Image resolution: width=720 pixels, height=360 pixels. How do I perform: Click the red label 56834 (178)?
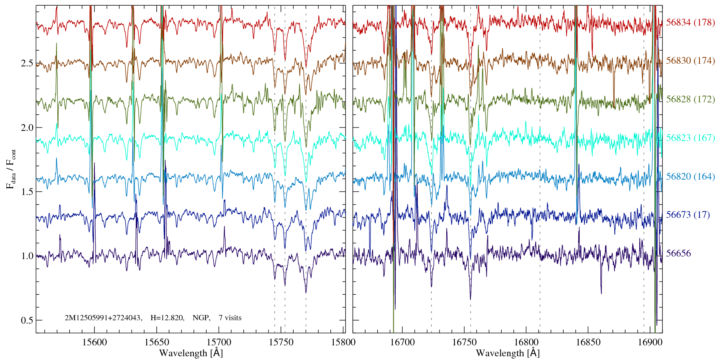point(690,22)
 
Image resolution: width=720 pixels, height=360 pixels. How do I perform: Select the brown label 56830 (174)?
point(690,61)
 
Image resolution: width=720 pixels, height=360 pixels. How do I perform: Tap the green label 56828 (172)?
point(690,99)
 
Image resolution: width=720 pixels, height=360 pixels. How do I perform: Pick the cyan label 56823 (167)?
point(690,138)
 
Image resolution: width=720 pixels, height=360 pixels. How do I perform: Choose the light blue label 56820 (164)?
point(690,176)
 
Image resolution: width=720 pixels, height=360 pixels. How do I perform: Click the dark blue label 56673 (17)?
point(688,215)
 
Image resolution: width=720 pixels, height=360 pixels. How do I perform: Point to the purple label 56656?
point(678,253)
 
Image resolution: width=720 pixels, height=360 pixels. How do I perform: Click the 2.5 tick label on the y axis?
point(27,63)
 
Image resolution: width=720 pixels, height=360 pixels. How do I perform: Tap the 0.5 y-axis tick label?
point(27,321)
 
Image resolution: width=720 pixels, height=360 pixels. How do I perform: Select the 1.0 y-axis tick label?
point(27,256)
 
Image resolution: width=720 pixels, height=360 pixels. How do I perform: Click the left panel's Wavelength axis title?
point(191,353)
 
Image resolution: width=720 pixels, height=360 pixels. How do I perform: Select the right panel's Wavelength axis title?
point(508,353)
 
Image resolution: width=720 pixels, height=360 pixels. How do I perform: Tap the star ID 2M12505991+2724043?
point(103,318)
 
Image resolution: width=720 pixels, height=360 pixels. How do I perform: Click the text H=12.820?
point(167,318)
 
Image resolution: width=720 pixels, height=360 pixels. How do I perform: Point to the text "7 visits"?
point(230,318)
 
